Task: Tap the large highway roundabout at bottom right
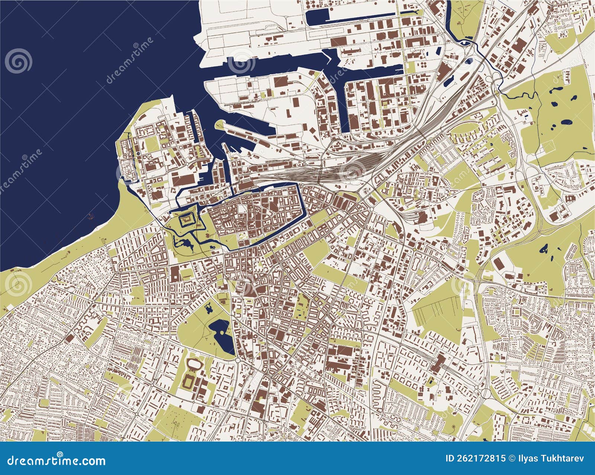point(486,393)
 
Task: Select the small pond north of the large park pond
point(209,307)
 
